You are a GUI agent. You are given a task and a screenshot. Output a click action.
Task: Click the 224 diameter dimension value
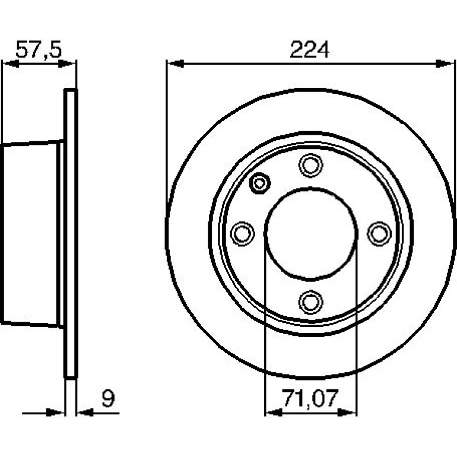[x=310, y=50]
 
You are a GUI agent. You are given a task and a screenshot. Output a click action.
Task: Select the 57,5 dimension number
[x=39, y=50]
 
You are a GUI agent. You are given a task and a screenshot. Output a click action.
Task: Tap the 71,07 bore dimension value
[x=310, y=398]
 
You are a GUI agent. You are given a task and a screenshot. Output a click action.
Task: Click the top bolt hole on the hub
[x=310, y=165]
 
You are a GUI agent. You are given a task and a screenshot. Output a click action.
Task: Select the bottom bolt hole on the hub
[x=310, y=302]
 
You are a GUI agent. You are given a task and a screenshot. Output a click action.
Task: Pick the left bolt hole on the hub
[x=242, y=233]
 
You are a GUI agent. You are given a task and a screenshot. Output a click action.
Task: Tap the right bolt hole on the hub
[x=379, y=233]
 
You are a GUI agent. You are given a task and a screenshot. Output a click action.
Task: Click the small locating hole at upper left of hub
[x=260, y=183]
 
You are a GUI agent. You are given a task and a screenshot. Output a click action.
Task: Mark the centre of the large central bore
[x=310, y=234]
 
